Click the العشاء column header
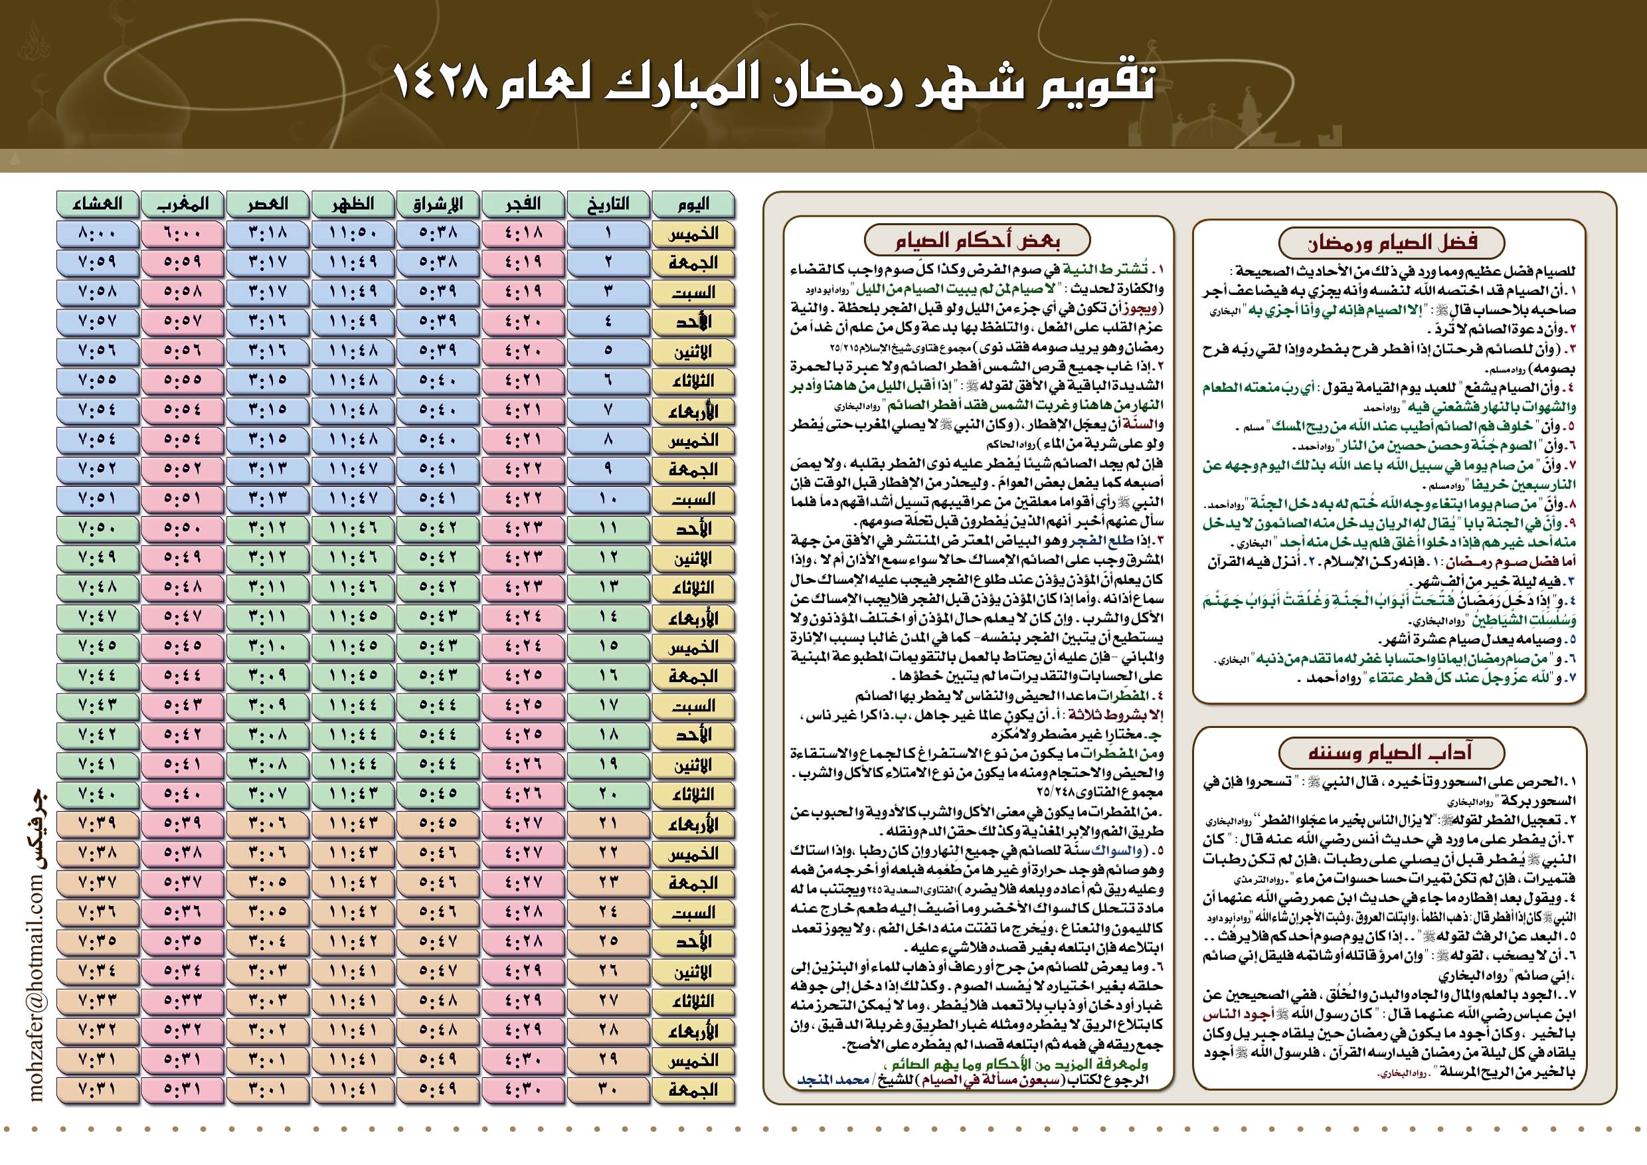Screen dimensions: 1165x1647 pos(97,205)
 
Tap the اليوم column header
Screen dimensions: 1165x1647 pos(693,205)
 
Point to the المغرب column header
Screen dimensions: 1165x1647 pos(182,205)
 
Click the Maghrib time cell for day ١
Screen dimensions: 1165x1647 pos(182,234)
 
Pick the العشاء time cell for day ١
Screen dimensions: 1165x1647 pos(97,234)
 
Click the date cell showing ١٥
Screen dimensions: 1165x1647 pos(608,646)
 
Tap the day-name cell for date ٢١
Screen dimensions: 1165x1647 pos(693,824)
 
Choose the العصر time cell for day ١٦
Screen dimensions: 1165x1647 pos(268,675)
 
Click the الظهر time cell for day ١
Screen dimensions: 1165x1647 pos(352,234)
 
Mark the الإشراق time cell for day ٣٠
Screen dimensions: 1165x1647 pos(438,1089)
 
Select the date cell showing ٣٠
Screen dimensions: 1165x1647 pos(608,1089)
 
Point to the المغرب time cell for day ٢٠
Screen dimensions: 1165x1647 pos(182,794)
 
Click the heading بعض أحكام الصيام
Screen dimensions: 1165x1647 pos(977,240)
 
